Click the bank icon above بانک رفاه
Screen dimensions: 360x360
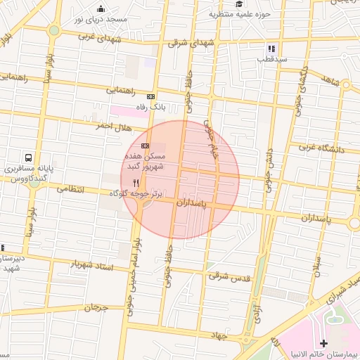[150, 96]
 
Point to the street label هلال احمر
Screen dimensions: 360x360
[115, 127]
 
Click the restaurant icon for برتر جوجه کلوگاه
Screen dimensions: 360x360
[135, 181]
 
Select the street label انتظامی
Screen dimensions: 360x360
[70, 189]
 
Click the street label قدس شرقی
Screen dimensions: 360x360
[230, 276]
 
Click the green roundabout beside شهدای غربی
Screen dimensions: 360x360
[54, 30]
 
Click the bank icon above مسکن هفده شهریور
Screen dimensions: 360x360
[145, 145]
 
